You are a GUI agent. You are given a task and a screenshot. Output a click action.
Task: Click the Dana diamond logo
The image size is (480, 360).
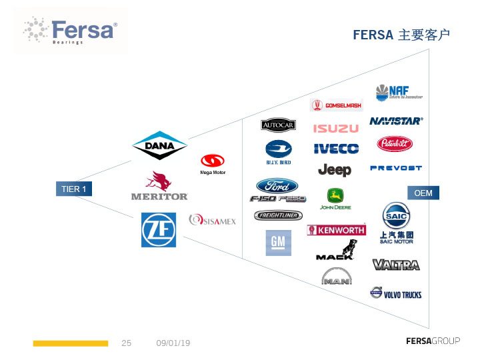tap(160, 145)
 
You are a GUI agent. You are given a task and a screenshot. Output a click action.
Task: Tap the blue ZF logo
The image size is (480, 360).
tap(159, 229)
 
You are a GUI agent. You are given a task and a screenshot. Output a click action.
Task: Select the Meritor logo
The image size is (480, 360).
tap(159, 187)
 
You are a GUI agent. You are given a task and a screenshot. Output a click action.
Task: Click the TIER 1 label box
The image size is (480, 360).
tap(73, 189)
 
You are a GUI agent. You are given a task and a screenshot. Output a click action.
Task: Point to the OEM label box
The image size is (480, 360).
tap(423, 193)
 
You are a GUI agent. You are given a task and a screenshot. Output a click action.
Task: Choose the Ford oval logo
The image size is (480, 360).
tap(277, 185)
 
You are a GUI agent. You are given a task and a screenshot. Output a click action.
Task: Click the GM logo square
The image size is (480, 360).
tap(277, 243)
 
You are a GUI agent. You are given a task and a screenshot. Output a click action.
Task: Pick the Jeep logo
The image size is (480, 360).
tap(335, 169)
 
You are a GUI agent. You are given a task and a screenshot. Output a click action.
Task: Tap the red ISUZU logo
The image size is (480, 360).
tap(336, 128)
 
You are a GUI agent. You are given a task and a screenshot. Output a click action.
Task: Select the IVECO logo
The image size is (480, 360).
tap(336, 149)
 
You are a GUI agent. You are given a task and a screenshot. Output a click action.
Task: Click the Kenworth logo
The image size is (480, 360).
tap(336, 230)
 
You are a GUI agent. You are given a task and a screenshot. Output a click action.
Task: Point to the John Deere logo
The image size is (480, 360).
tap(335, 199)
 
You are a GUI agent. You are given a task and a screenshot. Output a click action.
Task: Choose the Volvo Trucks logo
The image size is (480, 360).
tap(396, 294)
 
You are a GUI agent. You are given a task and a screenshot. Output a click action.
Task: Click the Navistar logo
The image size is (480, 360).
tap(396, 121)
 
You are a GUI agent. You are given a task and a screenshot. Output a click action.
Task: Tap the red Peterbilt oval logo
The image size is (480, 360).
tap(395, 143)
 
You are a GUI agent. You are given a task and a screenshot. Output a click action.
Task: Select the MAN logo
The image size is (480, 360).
tap(337, 277)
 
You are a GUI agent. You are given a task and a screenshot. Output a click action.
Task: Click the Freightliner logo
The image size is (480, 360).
tap(278, 215)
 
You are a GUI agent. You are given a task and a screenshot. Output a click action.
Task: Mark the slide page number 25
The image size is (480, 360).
tap(127, 343)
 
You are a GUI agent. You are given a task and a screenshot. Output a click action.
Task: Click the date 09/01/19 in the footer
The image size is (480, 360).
tap(173, 343)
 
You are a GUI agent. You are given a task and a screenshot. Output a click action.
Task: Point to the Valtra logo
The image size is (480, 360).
tap(396, 265)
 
